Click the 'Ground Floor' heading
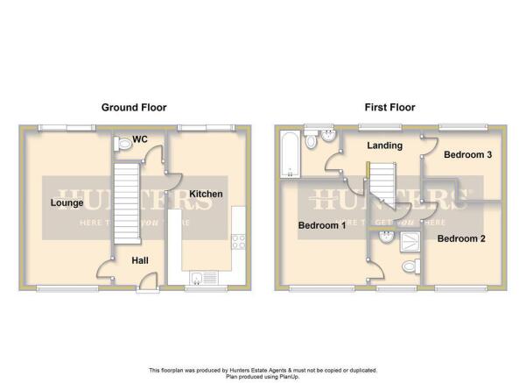pyautogui.click(x=133, y=108)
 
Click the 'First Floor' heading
pyautogui.click(x=389, y=108)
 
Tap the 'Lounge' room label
pyautogui.click(x=67, y=203)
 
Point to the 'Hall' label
pyautogui.click(x=140, y=260)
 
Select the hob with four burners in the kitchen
pyautogui.click(x=237, y=239)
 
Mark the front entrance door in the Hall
pyautogui.click(x=149, y=280)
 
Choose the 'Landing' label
pyautogui.click(x=385, y=145)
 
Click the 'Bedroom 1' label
pyautogui.click(x=321, y=224)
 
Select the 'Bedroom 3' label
pyautogui.click(x=462, y=155)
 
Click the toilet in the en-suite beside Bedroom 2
pyautogui.click(x=407, y=267)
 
